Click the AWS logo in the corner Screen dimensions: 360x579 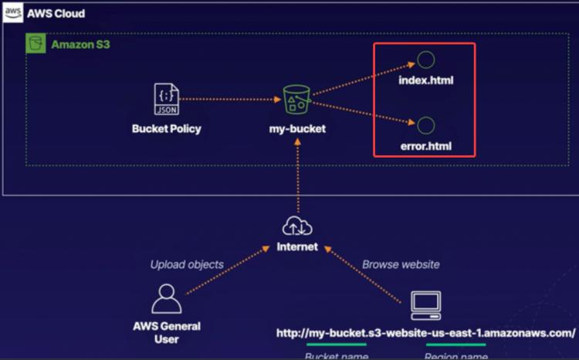click(13, 13)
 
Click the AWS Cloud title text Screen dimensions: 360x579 click(56, 14)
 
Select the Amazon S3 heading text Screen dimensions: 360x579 click(82, 45)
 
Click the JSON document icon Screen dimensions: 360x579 click(166, 99)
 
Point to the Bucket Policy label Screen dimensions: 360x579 click(166, 128)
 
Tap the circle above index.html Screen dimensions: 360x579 click(425, 60)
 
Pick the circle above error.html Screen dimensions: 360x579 click(425, 124)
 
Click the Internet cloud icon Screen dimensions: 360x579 click(297, 226)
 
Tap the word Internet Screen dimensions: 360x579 click(297, 247)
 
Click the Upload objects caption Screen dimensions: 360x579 click(187, 264)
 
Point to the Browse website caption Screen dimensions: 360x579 click(401, 264)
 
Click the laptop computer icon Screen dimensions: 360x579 click(425, 305)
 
